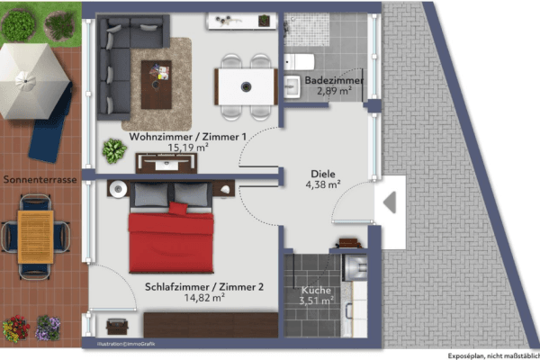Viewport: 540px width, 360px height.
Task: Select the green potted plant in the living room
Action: pos(113,150)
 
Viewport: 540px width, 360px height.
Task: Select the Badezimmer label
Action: pos(333,81)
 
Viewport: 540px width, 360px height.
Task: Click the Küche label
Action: pos(316,291)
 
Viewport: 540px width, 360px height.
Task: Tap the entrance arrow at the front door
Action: pos(391,203)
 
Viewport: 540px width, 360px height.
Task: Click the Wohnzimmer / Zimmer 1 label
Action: pos(187,136)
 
